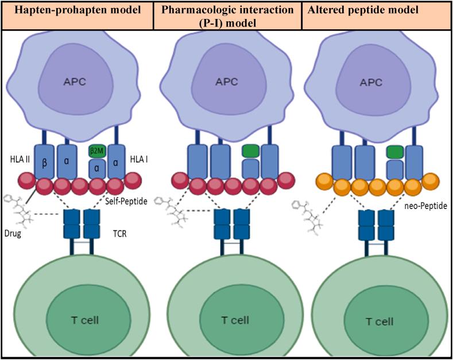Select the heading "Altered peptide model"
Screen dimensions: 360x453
362,10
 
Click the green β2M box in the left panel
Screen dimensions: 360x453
96,152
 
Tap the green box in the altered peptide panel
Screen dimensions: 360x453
394,152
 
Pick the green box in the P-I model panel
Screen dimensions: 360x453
250,152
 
